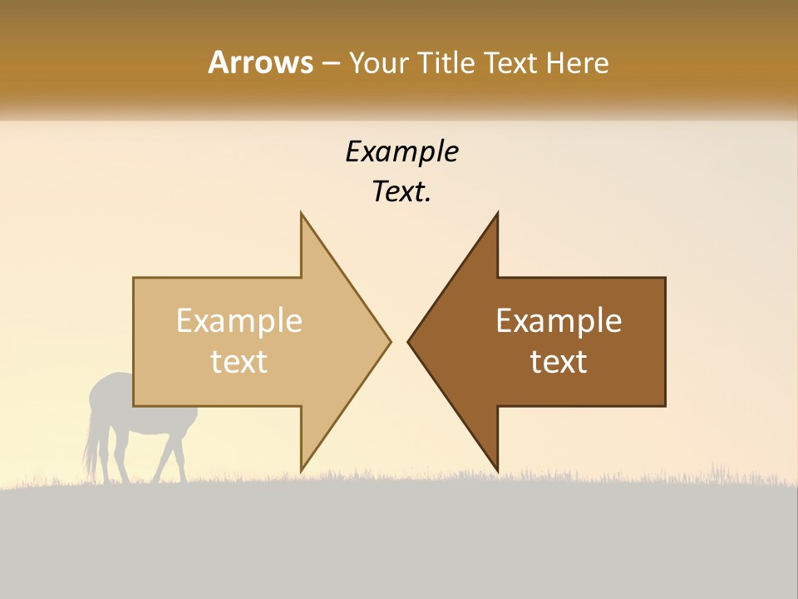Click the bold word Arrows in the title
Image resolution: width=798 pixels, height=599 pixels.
260,62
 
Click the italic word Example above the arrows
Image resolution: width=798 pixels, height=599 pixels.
401,151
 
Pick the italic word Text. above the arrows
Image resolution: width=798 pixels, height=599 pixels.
401,192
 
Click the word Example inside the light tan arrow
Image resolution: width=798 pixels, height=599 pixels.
239,320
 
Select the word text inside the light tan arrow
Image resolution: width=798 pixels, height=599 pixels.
239,361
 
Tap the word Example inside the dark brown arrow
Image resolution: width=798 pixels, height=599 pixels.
559,320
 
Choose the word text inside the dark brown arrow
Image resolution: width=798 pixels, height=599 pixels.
559,361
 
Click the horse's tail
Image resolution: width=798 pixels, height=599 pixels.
89,449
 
